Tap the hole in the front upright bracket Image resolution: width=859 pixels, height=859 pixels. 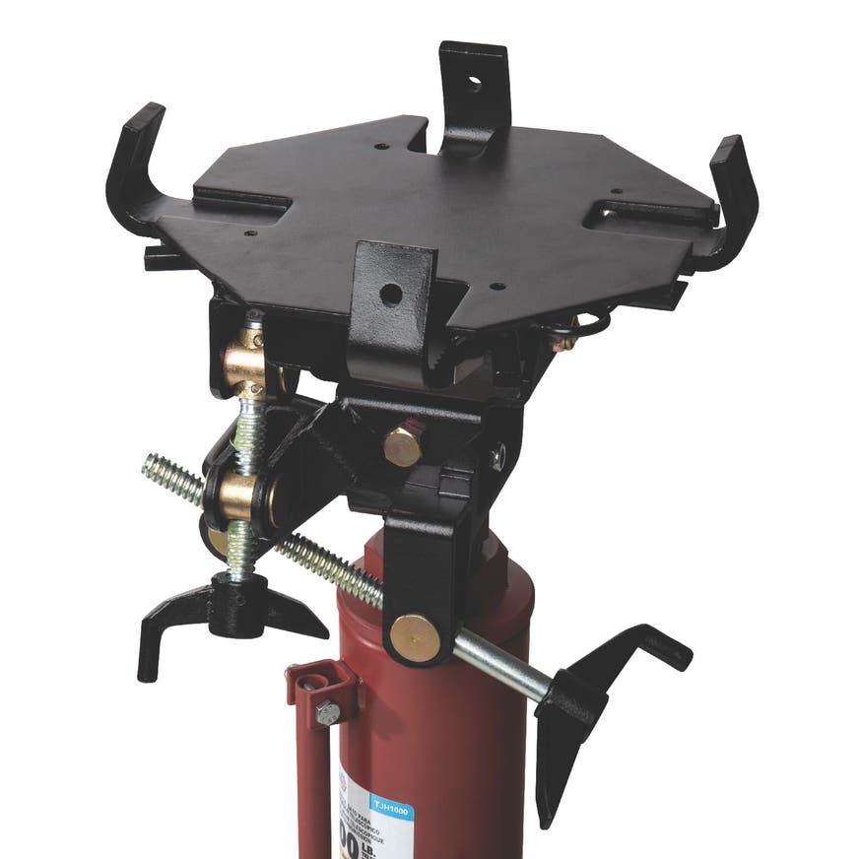click(391, 293)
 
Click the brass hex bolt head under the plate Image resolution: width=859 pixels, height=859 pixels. click(404, 445)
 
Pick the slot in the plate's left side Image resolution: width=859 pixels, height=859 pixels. click(241, 199)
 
